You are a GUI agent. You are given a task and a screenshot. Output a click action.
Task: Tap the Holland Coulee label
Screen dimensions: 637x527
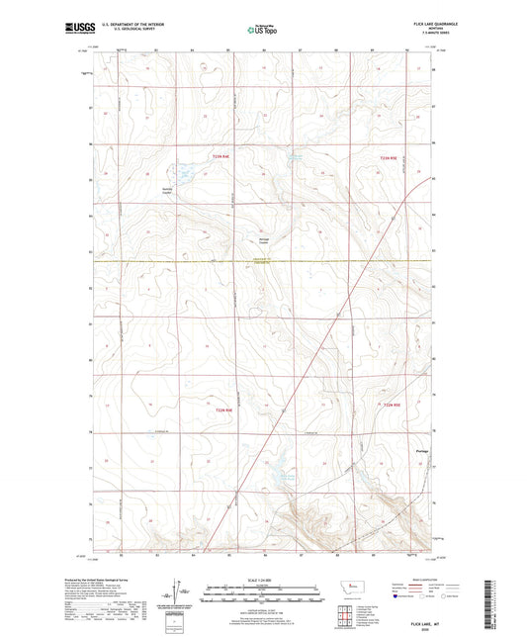251,240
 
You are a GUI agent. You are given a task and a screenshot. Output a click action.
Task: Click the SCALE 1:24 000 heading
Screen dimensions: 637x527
262,579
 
